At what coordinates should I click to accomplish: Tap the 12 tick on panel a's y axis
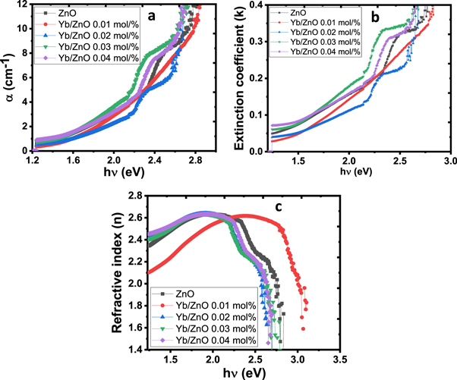point(22,5)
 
